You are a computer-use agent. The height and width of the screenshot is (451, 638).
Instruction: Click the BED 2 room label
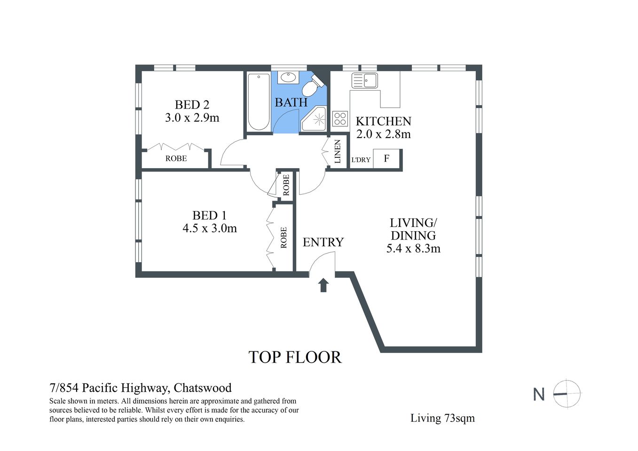click(192, 105)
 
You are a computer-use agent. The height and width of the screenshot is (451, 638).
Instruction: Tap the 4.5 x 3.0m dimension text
click(209, 229)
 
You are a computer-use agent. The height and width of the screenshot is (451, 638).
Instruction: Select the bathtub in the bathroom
click(258, 101)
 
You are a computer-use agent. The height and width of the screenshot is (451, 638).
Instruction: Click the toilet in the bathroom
click(311, 87)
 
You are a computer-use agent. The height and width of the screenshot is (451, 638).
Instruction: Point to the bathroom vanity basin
click(286, 78)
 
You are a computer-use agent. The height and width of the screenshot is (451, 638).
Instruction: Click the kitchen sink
click(364, 80)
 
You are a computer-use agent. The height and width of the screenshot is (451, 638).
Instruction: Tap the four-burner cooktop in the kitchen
click(340, 118)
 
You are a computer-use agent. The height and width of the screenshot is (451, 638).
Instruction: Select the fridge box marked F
click(386, 159)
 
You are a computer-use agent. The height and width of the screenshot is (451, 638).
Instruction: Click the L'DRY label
click(361, 160)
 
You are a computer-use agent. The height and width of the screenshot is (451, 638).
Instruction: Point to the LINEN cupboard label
click(337, 152)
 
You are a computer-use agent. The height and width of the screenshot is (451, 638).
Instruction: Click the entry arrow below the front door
click(323, 285)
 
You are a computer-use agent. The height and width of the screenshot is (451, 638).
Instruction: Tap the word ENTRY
click(323, 242)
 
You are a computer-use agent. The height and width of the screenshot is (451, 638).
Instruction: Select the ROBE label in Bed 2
click(176, 159)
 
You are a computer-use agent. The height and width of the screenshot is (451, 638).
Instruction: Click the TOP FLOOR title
click(295, 358)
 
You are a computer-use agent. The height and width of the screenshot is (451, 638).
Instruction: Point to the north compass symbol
click(567, 394)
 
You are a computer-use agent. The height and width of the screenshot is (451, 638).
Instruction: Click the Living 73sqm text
click(442, 418)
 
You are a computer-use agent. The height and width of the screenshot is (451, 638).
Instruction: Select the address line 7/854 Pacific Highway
click(141, 388)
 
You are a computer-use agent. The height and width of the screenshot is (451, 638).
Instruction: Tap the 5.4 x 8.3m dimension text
click(413, 249)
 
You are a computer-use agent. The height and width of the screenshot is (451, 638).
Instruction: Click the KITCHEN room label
click(383, 121)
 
